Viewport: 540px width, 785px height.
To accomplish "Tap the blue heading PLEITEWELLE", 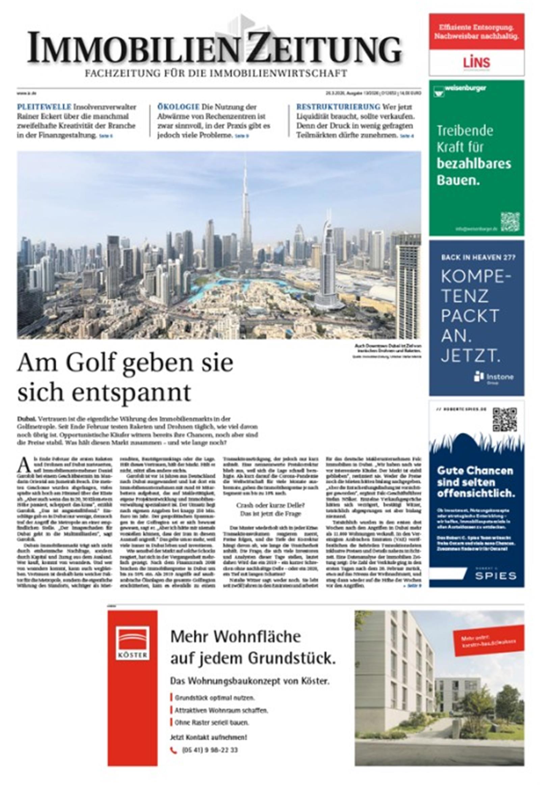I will [44, 107].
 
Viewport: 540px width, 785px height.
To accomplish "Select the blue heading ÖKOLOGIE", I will [178, 107].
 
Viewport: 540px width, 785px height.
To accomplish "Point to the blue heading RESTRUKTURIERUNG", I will [339, 107].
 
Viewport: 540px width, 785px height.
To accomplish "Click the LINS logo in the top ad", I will [477, 62].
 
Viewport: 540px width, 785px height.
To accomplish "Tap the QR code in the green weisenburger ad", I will [510, 222].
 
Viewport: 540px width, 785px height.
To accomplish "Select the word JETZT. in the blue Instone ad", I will [470, 357].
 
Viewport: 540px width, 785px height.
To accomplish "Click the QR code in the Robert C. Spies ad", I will [504, 420].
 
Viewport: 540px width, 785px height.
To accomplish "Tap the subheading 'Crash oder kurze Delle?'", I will [270, 506].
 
